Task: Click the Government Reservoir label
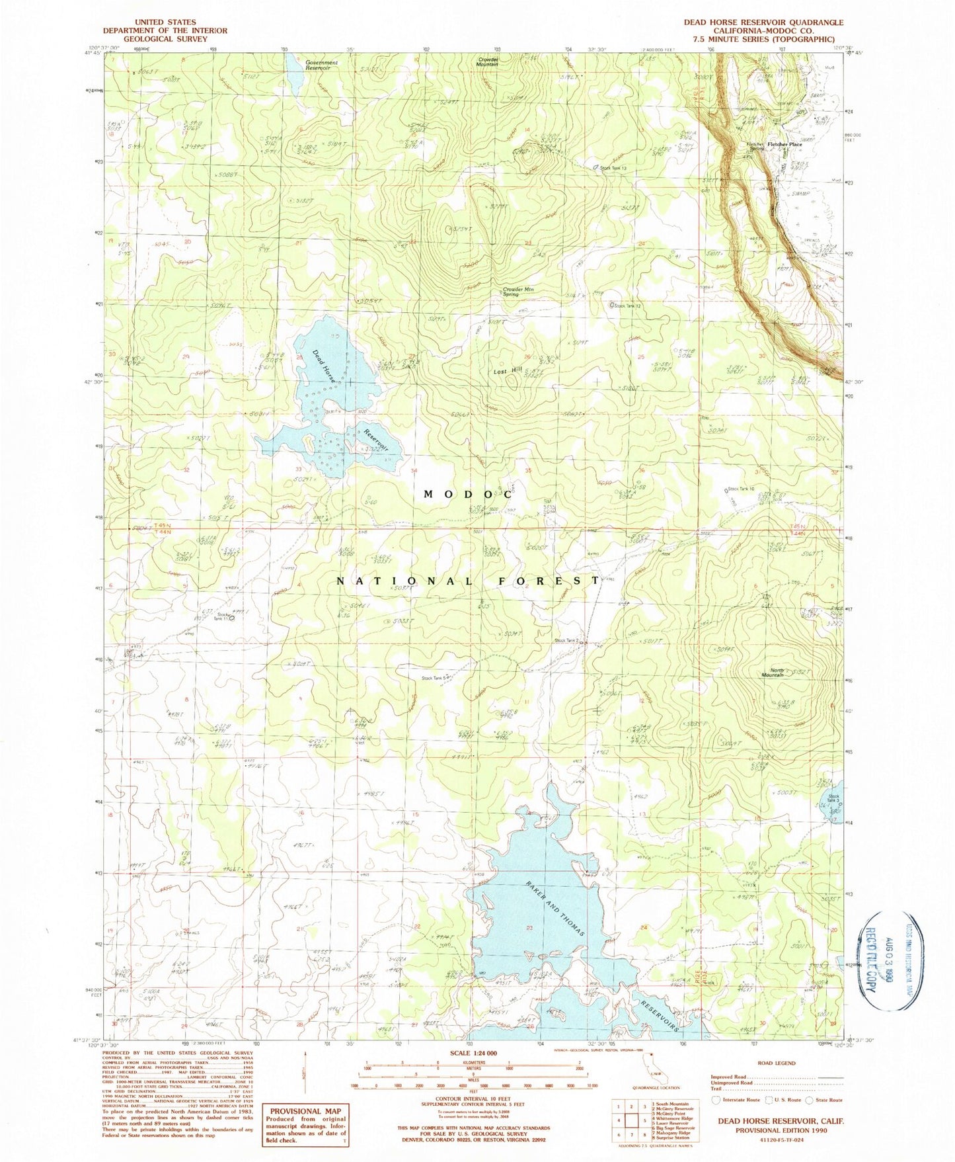(x=321, y=65)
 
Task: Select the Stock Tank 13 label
(x=612, y=168)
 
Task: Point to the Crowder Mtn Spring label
(x=519, y=291)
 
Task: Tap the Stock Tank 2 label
(x=567, y=640)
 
